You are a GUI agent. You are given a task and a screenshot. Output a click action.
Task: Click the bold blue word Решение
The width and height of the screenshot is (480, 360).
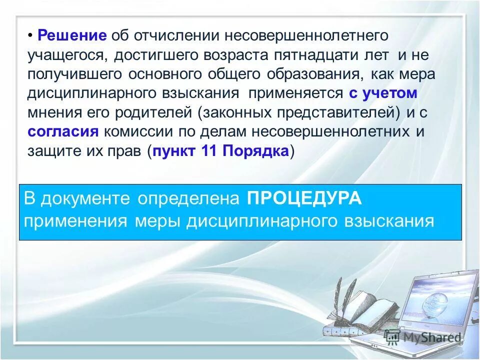pyautogui.click(x=72, y=36)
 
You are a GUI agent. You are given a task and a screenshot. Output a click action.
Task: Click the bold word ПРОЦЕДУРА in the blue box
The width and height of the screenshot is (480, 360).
pyautogui.click(x=303, y=198)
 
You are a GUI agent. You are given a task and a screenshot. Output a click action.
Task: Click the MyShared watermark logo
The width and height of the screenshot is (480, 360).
pyautogui.click(x=422, y=337)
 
